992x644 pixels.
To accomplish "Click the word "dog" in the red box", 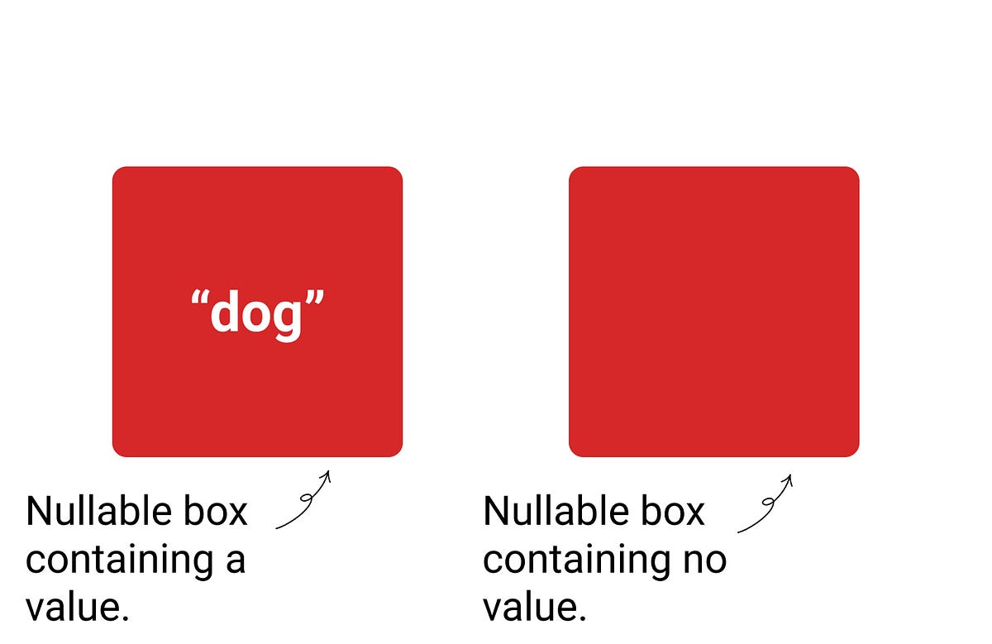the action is click(257, 315).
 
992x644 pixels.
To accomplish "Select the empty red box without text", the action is click(713, 312).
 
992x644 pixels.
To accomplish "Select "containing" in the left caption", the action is click(111, 561).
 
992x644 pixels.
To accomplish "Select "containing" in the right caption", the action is click(568, 561).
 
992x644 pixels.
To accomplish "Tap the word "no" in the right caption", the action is click(704, 561).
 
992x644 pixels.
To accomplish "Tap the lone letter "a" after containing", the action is click(235, 561).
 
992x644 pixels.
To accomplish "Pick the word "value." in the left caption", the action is click(78, 608).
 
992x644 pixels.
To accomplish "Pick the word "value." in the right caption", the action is click(535, 608).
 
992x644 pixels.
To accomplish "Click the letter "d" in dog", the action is click(226, 312).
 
